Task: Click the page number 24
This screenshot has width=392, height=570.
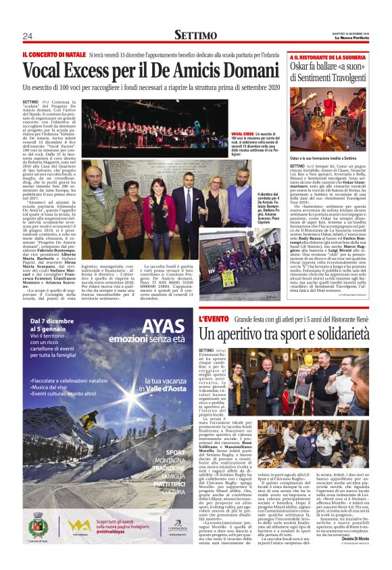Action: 27,36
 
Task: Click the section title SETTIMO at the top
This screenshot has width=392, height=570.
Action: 195,35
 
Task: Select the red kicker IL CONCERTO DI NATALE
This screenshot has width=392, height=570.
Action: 54,53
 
